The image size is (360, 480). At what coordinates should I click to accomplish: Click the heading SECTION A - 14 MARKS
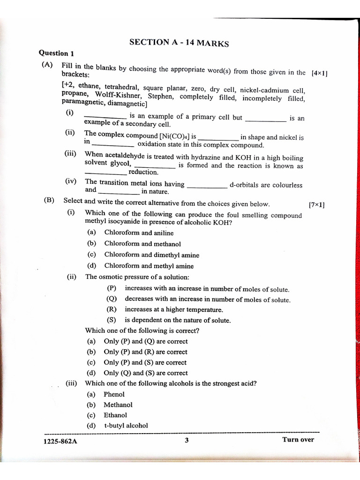[x=179, y=43]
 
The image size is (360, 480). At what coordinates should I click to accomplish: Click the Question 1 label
[x=56, y=53]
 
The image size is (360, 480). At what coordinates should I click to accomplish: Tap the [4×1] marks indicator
[x=319, y=73]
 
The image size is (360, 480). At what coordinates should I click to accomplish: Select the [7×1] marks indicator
[x=316, y=205]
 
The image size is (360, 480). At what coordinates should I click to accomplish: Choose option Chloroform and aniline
[x=139, y=233]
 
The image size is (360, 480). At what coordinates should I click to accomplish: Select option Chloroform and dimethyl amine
[x=151, y=255]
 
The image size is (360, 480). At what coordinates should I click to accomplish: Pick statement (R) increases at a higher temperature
[x=173, y=310]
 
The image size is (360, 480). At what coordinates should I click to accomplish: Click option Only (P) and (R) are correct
[x=145, y=352]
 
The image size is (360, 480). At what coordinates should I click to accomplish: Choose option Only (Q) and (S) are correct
[x=145, y=373]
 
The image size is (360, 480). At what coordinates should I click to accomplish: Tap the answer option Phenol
[x=114, y=394]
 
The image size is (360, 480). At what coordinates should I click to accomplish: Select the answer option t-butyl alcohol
[x=126, y=426]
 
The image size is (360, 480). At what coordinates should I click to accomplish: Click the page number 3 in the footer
[x=187, y=440]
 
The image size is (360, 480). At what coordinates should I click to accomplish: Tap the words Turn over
[x=298, y=440]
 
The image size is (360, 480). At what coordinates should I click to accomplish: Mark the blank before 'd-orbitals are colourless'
[x=207, y=187]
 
